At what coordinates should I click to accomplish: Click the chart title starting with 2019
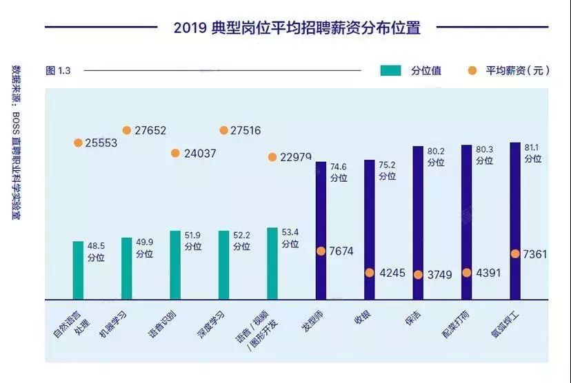(x=297, y=28)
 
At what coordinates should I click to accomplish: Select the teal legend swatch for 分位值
(x=390, y=70)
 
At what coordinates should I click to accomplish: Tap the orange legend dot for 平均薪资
(x=472, y=70)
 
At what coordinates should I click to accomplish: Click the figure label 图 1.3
(x=58, y=70)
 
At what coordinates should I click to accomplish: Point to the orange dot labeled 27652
(x=127, y=130)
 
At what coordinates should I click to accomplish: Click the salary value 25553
(x=101, y=143)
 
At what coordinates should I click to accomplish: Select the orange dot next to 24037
(x=175, y=153)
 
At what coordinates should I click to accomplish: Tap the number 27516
(x=246, y=130)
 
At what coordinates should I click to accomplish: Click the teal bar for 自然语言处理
(x=79, y=270)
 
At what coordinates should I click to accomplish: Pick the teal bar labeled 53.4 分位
(x=272, y=264)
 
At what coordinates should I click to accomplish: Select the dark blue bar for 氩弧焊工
(x=515, y=221)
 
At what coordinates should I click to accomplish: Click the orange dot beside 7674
(x=321, y=251)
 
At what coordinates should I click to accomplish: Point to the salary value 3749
(x=439, y=275)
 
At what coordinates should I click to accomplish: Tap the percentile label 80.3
(x=484, y=149)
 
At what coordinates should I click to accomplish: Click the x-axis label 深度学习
(x=210, y=325)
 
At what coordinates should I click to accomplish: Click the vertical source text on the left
(x=16, y=142)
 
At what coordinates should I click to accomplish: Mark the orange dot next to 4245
(x=370, y=273)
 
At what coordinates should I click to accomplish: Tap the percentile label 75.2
(x=387, y=165)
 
